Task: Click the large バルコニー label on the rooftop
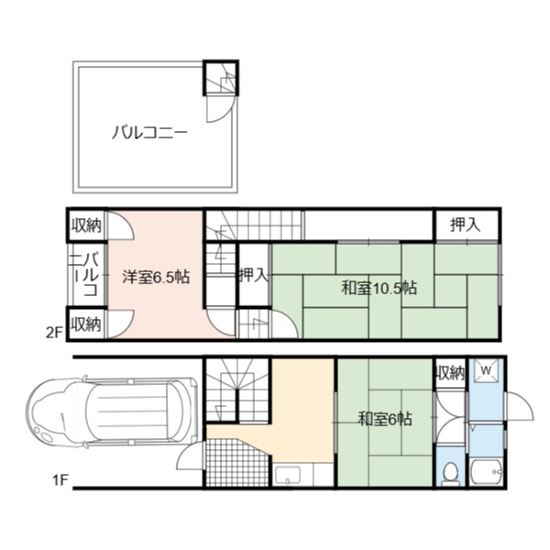(x=149, y=133)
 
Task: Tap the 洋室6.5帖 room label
(x=156, y=277)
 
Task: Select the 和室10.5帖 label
(x=379, y=288)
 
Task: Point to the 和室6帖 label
(x=384, y=419)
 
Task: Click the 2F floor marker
(x=54, y=333)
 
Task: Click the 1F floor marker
(x=60, y=479)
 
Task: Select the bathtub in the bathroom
(x=487, y=472)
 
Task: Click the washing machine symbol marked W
(x=486, y=370)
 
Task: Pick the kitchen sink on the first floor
(x=288, y=475)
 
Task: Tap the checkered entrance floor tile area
(x=236, y=462)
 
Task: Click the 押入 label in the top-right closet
(x=465, y=225)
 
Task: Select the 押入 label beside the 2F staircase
(x=254, y=275)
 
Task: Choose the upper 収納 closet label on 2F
(x=86, y=225)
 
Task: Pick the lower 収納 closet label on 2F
(x=86, y=324)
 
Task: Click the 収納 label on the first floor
(x=451, y=372)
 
